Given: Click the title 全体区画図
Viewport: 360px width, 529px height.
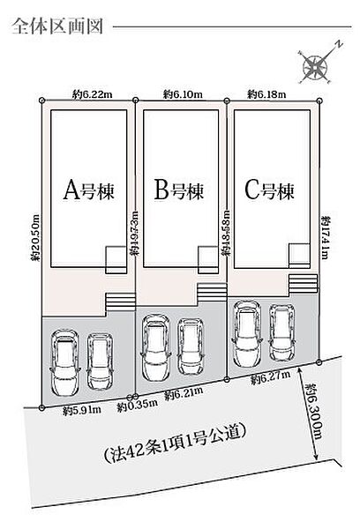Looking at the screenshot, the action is click(x=57, y=26).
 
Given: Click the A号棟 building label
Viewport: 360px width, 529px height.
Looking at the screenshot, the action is click(x=89, y=190).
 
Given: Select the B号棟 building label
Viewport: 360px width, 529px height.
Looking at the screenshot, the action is click(x=179, y=190).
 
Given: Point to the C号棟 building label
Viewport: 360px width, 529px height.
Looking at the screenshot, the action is click(x=269, y=190).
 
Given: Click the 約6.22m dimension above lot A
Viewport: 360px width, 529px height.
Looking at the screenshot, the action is click(x=92, y=95).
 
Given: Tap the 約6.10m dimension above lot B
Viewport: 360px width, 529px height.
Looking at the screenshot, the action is click(x=183, y=94).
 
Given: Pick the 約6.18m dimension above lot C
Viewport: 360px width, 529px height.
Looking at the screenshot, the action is click(x=266, y=94).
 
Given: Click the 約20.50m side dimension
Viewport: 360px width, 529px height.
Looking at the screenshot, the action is click(x=35, y=237).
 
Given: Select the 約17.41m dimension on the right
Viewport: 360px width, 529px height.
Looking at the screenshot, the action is click(x=325, y=237).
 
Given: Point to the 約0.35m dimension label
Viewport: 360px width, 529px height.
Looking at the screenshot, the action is click(x=137, y=406).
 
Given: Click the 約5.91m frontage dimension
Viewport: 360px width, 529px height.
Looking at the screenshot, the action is click(x=82, y=410).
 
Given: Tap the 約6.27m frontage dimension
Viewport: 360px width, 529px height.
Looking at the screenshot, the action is click(x=271, y=377).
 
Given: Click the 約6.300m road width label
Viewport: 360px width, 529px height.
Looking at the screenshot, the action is click(x=313, y=411).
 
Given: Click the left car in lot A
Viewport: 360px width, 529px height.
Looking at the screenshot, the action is click(x=65, y=362).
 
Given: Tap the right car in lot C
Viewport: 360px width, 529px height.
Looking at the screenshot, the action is click(x=282, y=333).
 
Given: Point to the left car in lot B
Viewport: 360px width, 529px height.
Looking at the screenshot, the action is click(x=156, y=347).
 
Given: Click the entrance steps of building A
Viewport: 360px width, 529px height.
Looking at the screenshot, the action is click(x=121, y=302).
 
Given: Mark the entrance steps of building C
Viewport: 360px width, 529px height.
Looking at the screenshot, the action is click(x=303, y=283).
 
